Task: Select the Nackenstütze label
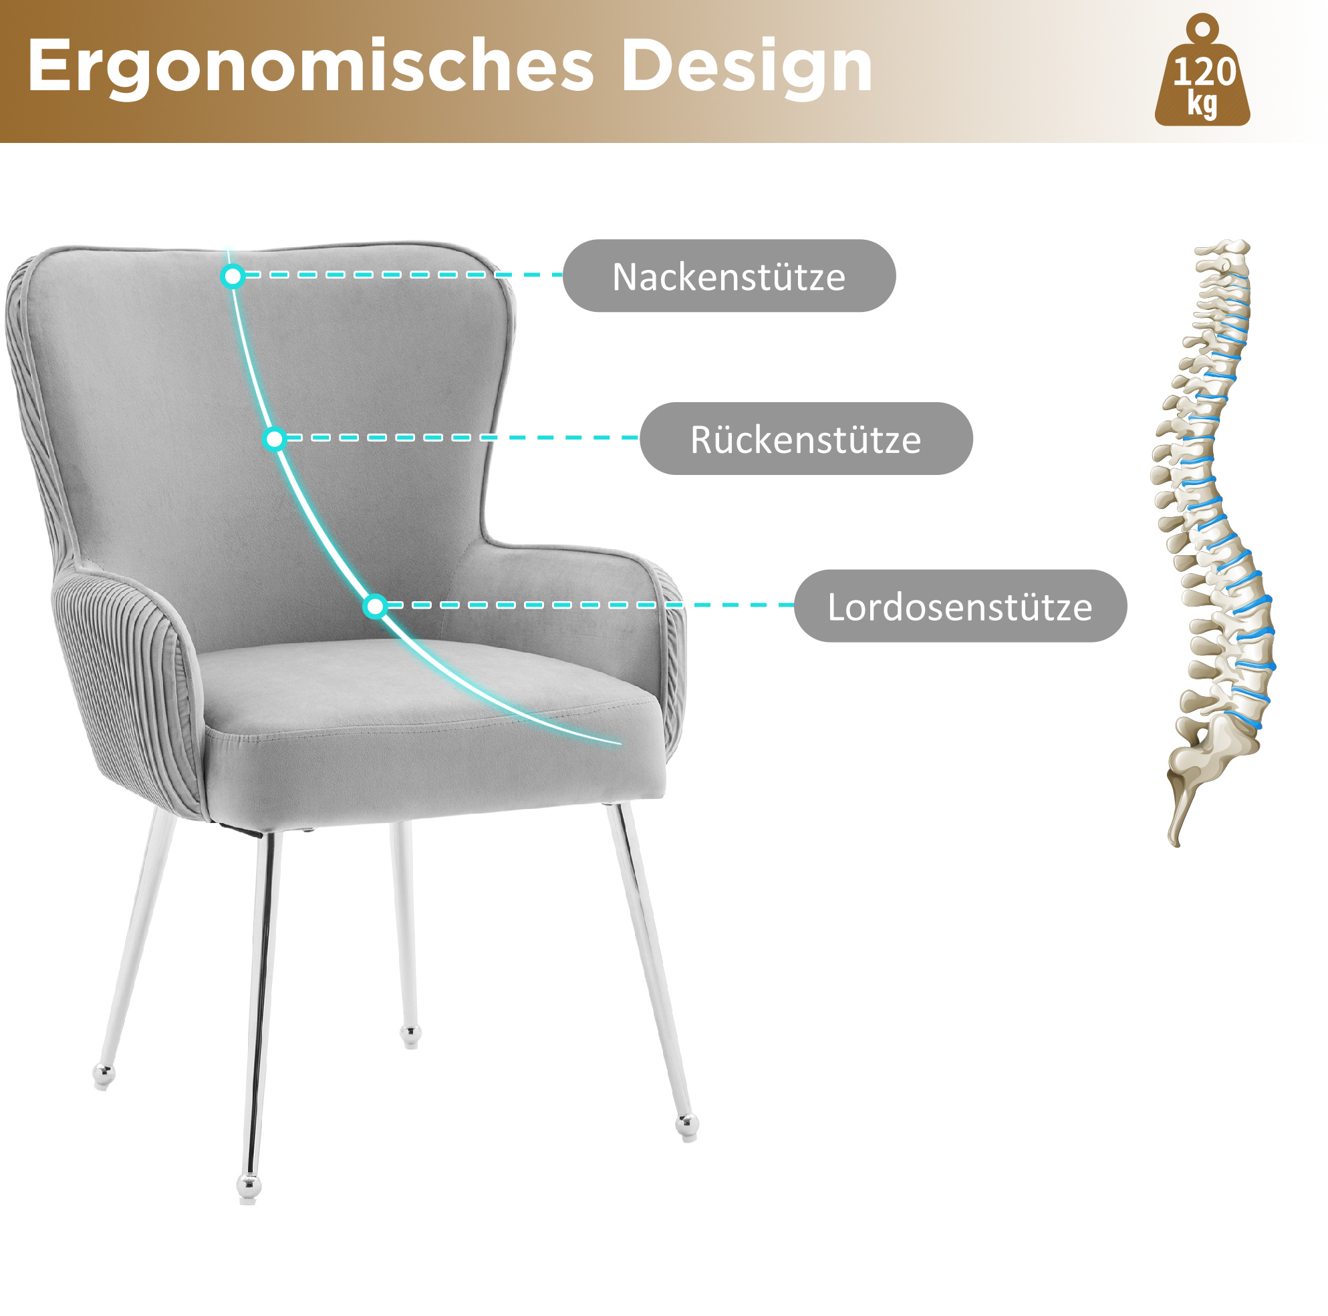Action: pos(729,276)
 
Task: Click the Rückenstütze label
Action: pos(806,438)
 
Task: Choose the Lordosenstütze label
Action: pos(960,606)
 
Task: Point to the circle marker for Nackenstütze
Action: pos(233,277)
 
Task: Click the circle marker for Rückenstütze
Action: pos(274,439)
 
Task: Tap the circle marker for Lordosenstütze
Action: pos(376,606)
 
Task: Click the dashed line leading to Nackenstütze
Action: pos(404,275)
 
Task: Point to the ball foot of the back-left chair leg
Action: pos(104,1076)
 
